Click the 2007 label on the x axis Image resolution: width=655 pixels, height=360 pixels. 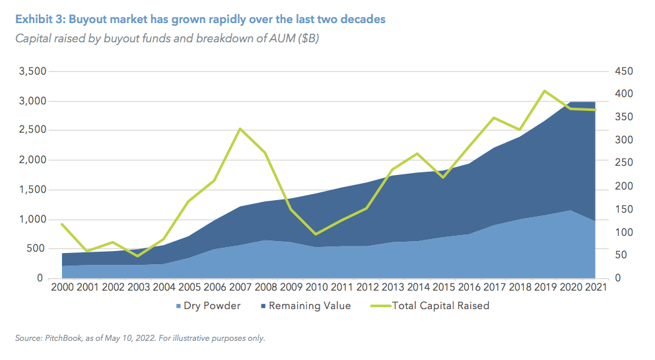coord(240,289)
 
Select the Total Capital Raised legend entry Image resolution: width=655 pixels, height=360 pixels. coord(440,306)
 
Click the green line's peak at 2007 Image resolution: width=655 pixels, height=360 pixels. coord(240,129)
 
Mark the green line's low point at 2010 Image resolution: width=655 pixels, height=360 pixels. coord(316,234)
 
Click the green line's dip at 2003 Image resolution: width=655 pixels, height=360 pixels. coord(139,256)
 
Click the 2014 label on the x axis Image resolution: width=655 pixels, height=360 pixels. coord(417,289)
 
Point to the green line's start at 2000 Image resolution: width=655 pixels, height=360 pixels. coord(63,224)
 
